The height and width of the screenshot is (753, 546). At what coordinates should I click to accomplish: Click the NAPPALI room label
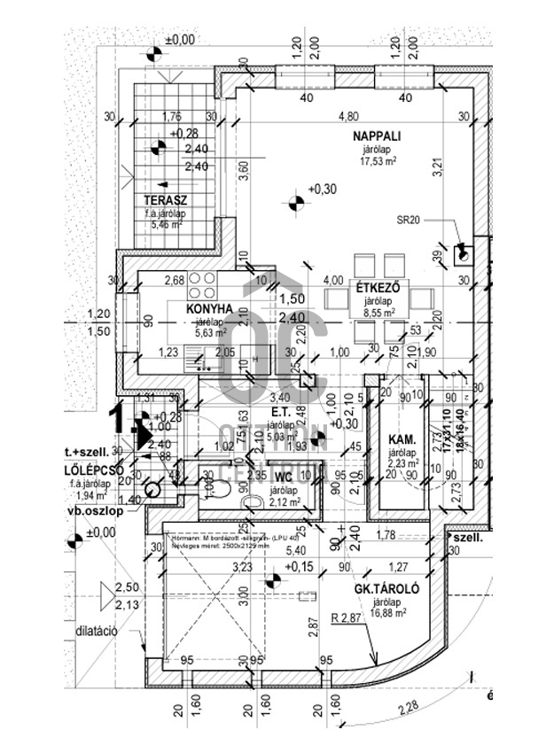click(378, 136)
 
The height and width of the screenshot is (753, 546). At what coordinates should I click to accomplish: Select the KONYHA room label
click(209, 308)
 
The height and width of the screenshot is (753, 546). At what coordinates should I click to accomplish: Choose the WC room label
click(282, 477)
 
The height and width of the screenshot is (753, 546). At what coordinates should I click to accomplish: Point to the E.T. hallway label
click(282, 412)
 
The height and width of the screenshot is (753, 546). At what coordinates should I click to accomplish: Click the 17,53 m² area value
click(378, 162)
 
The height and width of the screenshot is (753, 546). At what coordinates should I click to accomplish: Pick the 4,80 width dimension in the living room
click(348, 116)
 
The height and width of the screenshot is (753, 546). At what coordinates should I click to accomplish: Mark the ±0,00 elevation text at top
click(180, 40)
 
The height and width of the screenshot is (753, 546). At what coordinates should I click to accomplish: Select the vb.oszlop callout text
click(90, 512)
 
